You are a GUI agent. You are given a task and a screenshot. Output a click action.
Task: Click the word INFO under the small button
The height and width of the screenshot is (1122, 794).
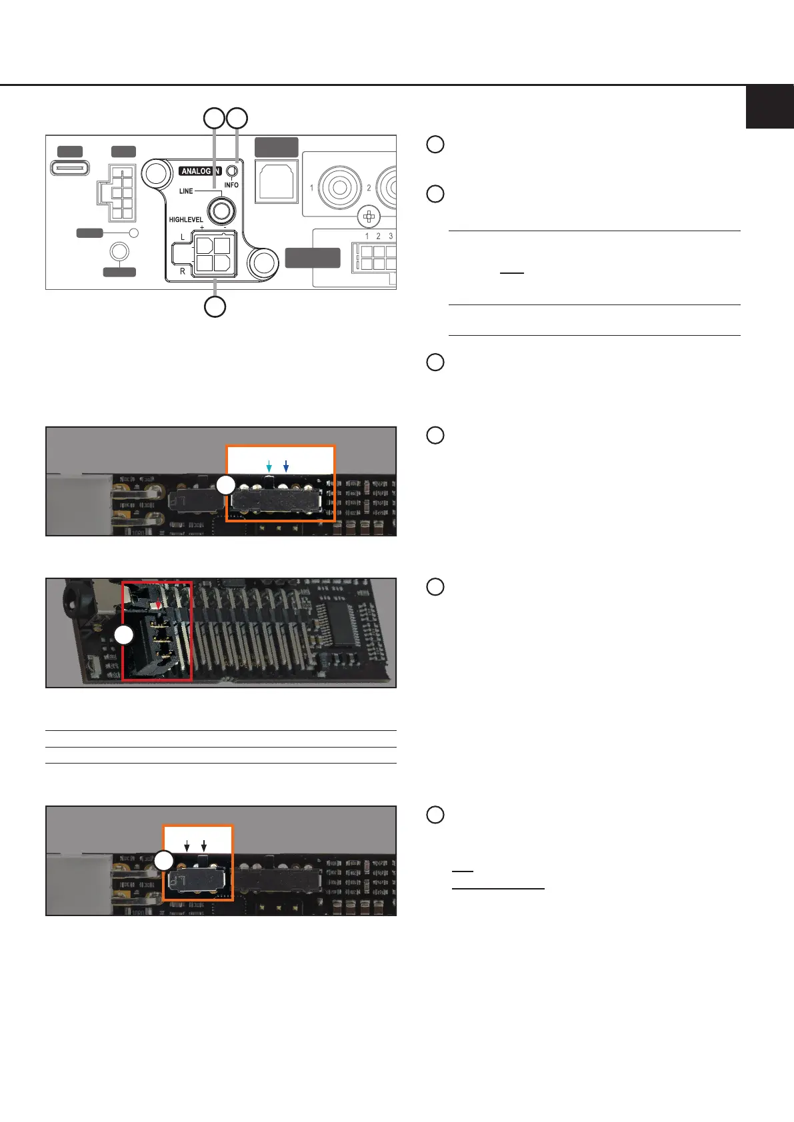(x=231, y=185)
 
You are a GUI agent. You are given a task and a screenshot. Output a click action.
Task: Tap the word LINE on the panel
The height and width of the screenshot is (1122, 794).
(x=186, y=191)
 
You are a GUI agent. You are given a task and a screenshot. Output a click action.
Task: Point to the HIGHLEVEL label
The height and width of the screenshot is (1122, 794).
(x=186, y=220)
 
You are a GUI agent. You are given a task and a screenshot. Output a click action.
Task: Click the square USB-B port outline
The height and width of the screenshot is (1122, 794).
(x=277, y=179)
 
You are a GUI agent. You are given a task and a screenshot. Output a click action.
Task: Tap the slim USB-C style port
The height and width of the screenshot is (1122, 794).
(x=70, y=167)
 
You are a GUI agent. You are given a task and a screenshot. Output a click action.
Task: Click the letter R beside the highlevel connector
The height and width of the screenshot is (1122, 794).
(x=183, y=271)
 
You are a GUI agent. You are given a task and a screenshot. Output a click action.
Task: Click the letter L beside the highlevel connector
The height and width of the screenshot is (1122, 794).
(x=183, y=238)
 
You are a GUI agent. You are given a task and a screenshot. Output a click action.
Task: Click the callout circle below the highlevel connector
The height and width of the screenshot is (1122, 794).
(x=215, y=306)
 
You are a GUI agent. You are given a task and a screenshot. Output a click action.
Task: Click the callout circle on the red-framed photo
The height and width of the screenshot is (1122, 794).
(x=123, y=636)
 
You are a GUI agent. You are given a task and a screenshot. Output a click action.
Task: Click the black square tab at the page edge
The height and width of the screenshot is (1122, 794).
(x=769, y=107)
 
